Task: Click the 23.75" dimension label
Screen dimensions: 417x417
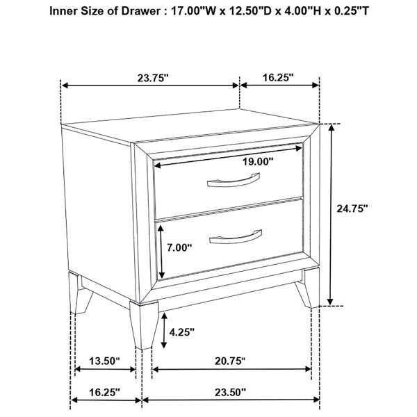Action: (x=153, y=78)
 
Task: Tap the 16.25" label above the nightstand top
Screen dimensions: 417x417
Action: (x=278, y=77)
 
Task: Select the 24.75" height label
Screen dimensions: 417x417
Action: (x=352, y=208)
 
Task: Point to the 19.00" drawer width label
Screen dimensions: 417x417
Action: (x=258, y=161)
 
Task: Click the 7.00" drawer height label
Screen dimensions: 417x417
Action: (x=179, y=247)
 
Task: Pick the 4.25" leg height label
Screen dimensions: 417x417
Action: (x=182, y=332)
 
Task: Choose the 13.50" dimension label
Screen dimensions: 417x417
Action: (x=104, y=361)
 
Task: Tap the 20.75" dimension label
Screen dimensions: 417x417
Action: (x=230, y=361)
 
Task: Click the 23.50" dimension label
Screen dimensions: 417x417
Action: (x=230, y=392)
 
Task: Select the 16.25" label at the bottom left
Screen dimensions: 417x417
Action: (x=104, y=392)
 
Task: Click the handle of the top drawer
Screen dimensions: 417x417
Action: (x=234, y=181)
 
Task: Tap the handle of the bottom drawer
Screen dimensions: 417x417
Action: (x=236, y=238)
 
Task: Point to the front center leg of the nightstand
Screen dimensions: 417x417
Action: (x=144, y=325)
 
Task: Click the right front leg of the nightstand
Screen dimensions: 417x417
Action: (x=309, y=288)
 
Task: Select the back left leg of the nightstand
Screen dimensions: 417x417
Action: (x=80, y=293)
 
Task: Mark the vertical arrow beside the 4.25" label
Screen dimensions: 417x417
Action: (x=164, y=330)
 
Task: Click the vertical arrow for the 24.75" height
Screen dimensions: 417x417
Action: (x=331, y=215)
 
